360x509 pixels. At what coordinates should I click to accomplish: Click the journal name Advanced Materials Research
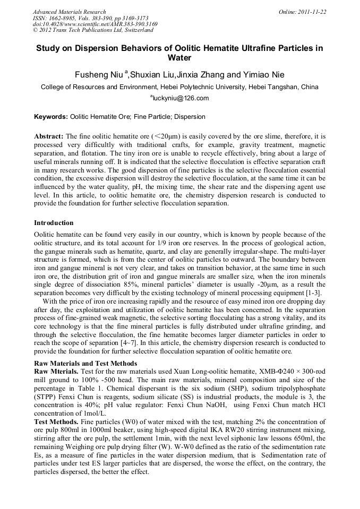coord(69,12)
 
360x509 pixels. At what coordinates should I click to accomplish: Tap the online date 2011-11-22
coord(308,12)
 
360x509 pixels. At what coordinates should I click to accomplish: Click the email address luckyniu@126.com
coord(181,98)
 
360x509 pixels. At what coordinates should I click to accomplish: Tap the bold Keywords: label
coord(51,116)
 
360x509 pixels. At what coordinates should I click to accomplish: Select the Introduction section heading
coord(54,222)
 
